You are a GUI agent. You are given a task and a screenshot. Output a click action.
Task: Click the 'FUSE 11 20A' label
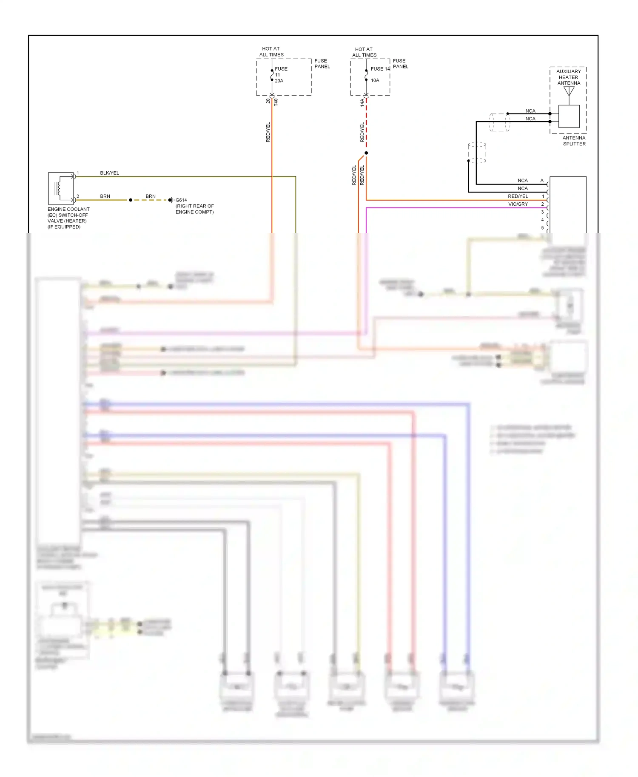coord(280,74)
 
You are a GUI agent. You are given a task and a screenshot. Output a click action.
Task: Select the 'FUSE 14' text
coord(380,69)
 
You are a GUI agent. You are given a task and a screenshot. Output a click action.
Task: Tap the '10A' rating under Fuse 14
coord(375,80)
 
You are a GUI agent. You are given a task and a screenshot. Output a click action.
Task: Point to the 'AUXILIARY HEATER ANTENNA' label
coord(568,77)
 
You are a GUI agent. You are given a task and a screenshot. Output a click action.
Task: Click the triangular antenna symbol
coord(569,91)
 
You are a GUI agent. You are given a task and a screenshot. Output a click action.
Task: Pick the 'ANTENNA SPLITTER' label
coord(574,141)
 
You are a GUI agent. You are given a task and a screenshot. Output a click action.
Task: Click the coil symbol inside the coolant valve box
coord(58,188)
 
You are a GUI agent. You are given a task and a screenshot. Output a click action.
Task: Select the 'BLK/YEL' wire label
coord(109,173)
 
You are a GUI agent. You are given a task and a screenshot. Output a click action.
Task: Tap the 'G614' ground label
coord(181,200)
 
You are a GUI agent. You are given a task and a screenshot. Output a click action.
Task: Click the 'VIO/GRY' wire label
coord(518,204)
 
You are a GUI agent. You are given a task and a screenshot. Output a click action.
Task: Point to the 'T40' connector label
coord(276,102)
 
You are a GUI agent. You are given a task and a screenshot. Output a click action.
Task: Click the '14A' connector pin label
coord(362,102)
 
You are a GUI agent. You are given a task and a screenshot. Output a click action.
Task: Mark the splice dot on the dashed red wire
coord(366,153)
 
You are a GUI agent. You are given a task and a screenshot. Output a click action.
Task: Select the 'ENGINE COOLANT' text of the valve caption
coord(68,209)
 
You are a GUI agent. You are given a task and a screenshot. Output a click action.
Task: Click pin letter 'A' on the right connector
coord(542,181)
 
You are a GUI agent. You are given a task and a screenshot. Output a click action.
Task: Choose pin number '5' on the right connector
coord(542,228)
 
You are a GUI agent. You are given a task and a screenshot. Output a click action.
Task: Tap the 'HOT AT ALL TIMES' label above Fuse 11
coord(271,52)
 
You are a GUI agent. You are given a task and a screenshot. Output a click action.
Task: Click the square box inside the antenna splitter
coord(569,116)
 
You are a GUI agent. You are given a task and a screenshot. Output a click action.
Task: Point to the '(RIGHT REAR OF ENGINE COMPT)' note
coord(194,209)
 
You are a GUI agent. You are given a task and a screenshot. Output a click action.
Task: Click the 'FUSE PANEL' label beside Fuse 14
coord(400,64)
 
